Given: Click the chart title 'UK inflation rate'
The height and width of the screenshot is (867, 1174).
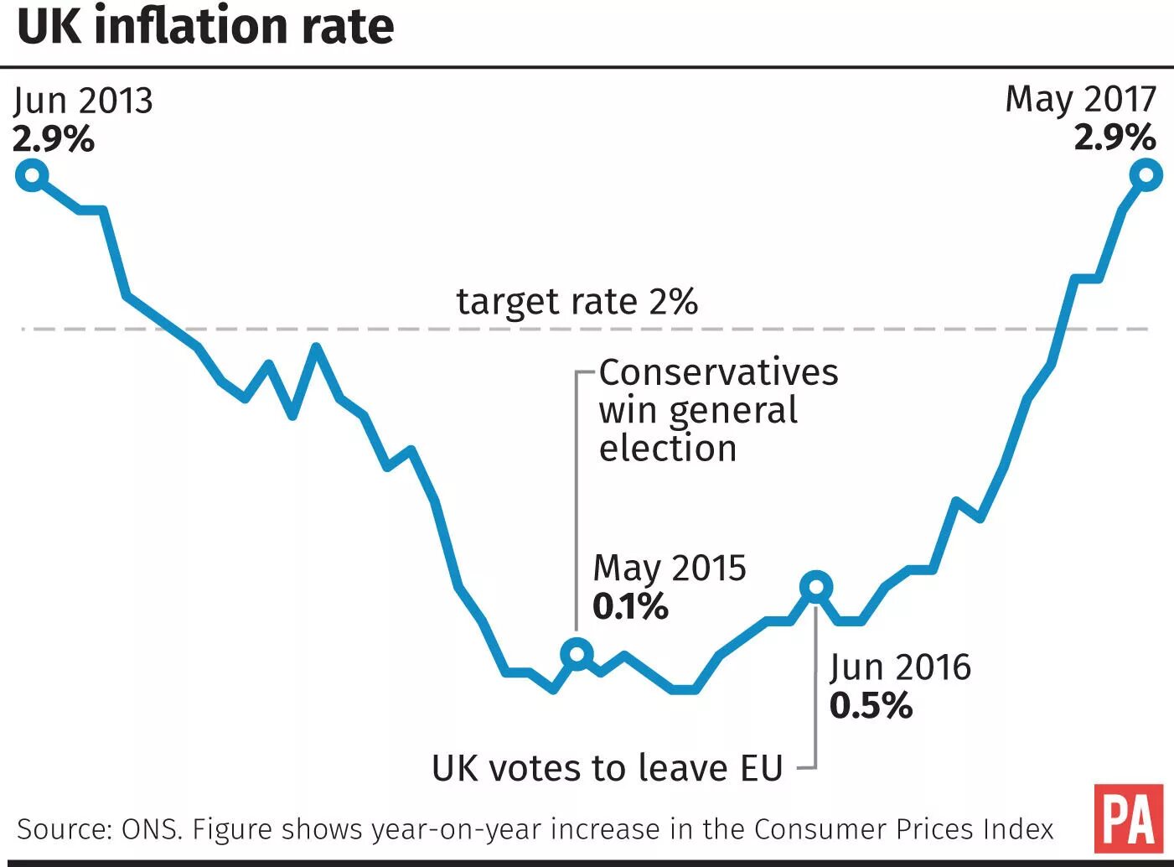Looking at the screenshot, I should pyautogui.click(x=205, y=27).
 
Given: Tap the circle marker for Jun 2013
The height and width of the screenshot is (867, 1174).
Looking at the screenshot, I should pyautogui.click(x=32, y=176).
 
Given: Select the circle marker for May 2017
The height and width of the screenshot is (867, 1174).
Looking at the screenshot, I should pyautogui.click(x=1146, y=176).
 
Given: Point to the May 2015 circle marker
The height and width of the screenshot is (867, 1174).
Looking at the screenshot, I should pyautogui.click(x=577, y=653).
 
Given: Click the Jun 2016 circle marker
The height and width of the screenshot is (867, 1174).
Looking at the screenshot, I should pyautogui.click(x=815, y=587).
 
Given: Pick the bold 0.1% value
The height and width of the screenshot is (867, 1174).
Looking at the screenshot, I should pyautogui.click(x=630, y=606).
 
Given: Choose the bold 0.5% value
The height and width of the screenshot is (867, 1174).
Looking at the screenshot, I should pyautogui.click(x=871, y=705).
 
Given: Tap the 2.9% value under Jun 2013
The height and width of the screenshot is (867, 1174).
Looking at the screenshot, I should pyautogui.click(x=54, y=138).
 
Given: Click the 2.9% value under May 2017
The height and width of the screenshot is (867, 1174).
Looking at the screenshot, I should pyautogui.click(x=1115, y=137).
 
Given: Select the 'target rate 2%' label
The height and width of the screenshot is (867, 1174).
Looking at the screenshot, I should pyautogui.click(x=577, y=302).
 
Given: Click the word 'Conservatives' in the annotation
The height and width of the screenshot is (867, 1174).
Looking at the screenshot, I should pyautogui.click(x=718, y=372).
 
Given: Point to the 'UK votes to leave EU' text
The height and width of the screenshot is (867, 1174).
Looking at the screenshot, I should pyautogui.click(x=608, y=768).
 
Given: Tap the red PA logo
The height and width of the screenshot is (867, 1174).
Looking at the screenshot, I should pyautogui.click(x=1129, y=818).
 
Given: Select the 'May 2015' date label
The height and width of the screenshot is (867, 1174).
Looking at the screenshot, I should pyautogui.click(x=669, y=568).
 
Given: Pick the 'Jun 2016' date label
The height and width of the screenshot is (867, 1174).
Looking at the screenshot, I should pyautogui.click(x=900, y=667).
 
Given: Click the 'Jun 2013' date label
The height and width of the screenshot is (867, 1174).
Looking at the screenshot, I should pyautogui.click(x=83, y=101).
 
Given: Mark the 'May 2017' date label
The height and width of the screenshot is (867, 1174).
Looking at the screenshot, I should pyautogui.click(x=1080, y=99).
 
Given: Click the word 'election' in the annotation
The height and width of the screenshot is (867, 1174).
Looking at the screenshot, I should pyautogui.click(x=668, y=449).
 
